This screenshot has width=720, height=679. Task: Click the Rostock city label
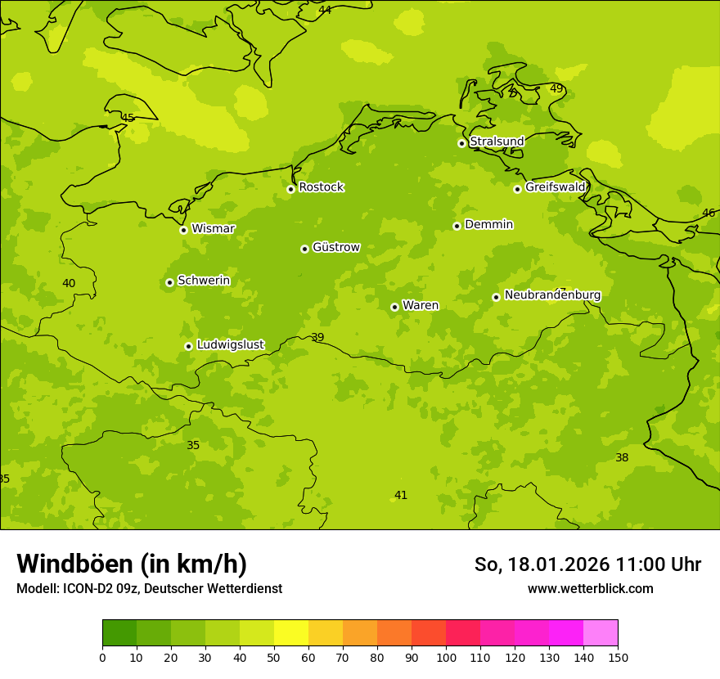(x=321, y=187)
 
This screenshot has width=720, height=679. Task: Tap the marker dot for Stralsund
(x=461, y=143)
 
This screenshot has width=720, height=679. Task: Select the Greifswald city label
(x=555, y=187)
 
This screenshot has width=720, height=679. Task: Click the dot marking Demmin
(x=457, y=226)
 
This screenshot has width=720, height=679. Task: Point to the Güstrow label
(x=335, y=247)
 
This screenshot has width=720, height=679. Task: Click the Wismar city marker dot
(x=183, y=230)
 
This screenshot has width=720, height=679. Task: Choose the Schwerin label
(x=204, y=281)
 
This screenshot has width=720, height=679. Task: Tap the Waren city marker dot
(x=394, y=307)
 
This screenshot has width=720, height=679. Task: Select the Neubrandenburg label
(x=552, y=295)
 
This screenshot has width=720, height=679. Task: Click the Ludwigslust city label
(x=230, y=345)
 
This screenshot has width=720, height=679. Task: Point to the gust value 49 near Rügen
(x=556, y=88)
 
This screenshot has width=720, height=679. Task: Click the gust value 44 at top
(x=325, y=10)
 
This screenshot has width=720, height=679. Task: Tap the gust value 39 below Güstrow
(x=317, y=338)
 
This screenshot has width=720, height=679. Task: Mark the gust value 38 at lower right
(x=622, y=457)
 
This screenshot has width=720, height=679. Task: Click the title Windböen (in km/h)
(x=132, y=564)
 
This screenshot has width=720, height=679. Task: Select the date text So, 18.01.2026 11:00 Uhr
(x=587, y=564)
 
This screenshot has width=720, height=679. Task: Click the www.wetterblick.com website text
(x=590, y=589)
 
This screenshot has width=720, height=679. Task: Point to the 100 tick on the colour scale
(x=446, y=657)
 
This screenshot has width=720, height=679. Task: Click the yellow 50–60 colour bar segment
(x=291, y=633)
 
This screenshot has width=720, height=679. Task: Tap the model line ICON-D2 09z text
(x=149, y=589)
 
